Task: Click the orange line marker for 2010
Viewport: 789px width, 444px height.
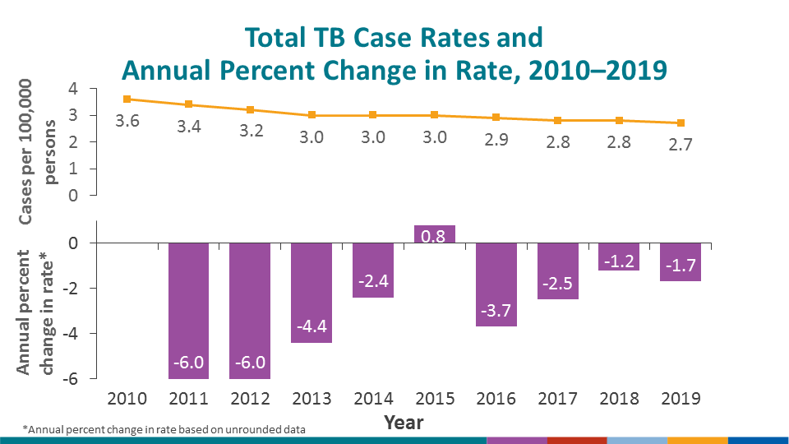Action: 127,99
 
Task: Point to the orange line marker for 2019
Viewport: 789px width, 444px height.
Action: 681,123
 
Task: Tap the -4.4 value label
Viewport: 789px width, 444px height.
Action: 311,328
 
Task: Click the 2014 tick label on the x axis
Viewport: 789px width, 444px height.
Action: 373,399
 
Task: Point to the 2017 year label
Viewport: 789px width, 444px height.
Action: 558,399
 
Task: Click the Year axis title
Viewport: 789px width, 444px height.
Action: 404,423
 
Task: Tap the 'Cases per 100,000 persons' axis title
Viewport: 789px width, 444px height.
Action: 38,152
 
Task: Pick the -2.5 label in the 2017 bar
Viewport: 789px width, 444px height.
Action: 558,284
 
